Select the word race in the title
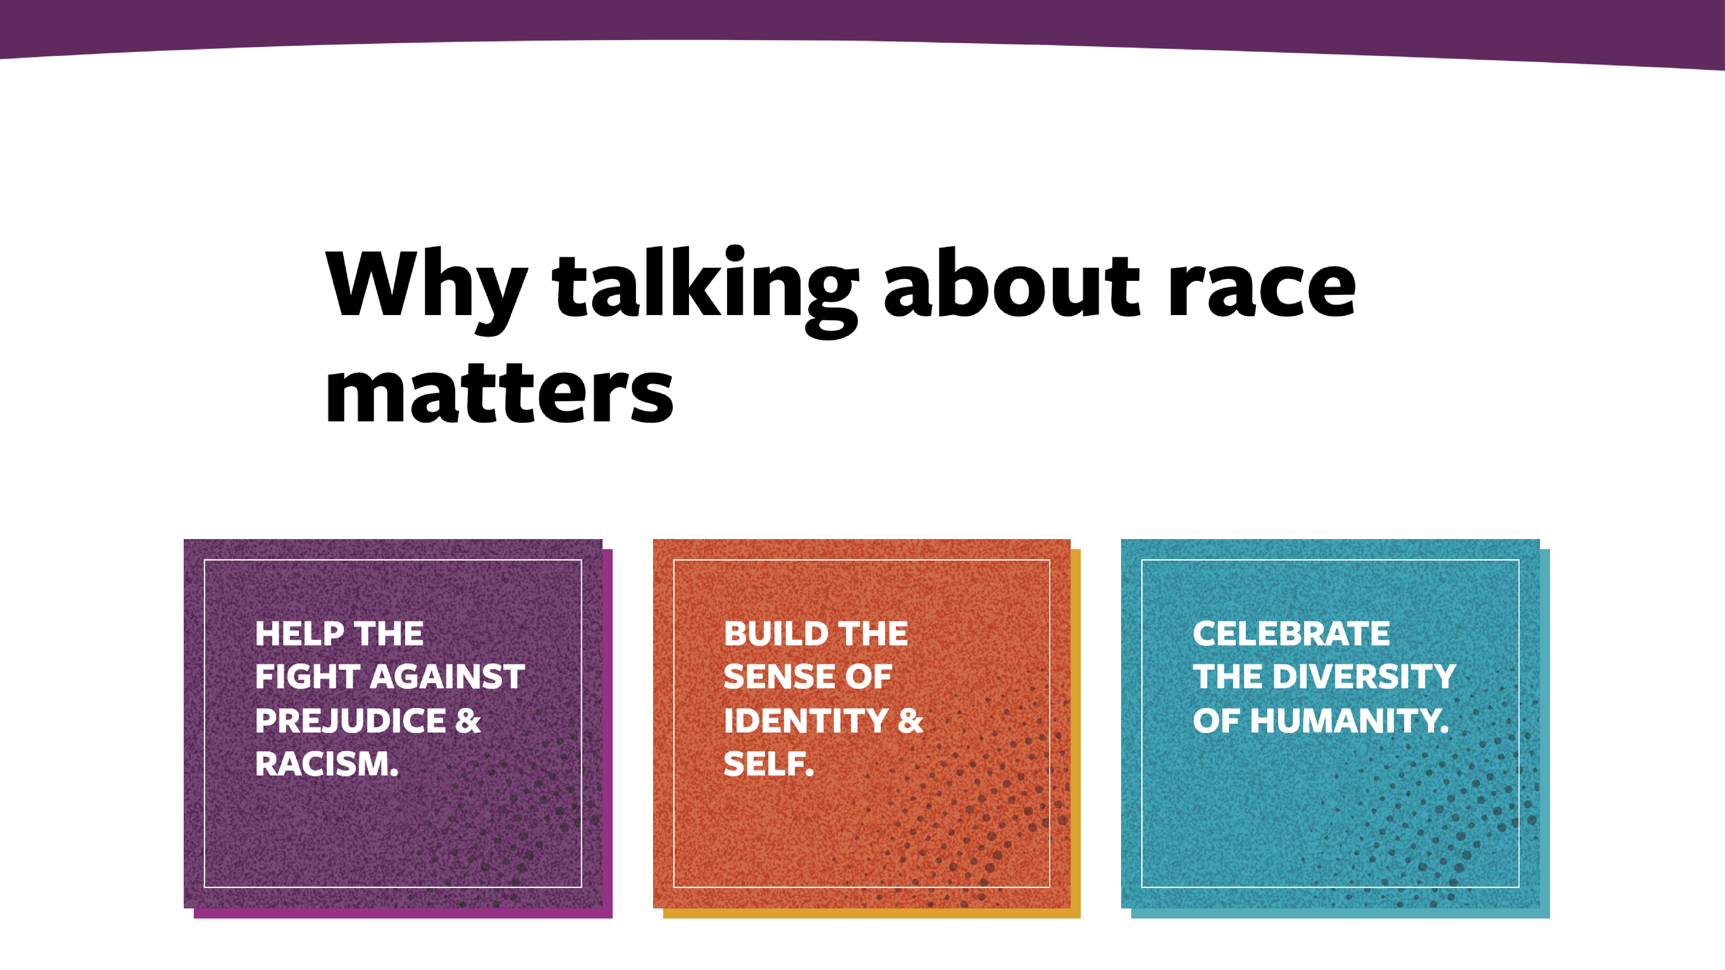coord(1262,289)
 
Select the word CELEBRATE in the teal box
coord(1291,634)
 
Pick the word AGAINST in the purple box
coord(447,677)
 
